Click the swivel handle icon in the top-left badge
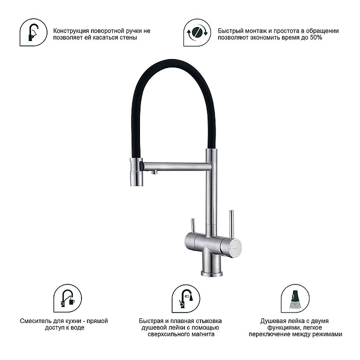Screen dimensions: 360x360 coord(33,32)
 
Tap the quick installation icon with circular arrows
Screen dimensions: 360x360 coord(197,32)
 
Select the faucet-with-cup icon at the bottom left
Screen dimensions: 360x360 coord(67,298)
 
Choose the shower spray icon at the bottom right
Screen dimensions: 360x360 coord(295,298)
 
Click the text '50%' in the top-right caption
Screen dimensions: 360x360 coord(316,37)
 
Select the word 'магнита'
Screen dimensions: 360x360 coord(202,334)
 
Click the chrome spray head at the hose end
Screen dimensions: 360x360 coord(136,172)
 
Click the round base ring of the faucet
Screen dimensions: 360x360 coord(211,273)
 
